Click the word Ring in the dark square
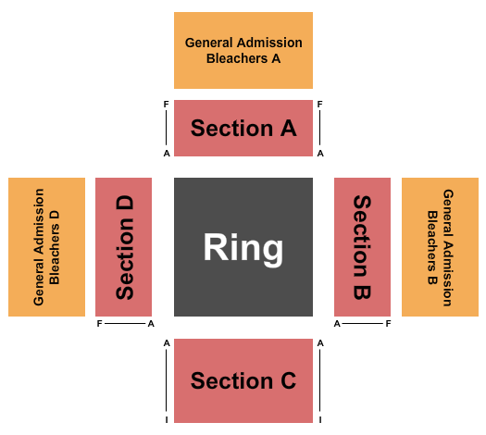tap(243, 248)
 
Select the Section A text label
tap(243, 128)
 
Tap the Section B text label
tap(361, 248)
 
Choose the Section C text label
tap(243, 380)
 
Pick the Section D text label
tap(125, 248)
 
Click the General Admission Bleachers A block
tap(243, 50)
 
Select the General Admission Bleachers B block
tap(440, 248)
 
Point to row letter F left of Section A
tap(167, 105)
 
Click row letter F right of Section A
tap(319, 105)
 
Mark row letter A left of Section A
tap(167, 154)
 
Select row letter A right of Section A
tap(319, 154)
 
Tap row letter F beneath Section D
tap(99, 324)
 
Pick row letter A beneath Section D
tap(150, 324)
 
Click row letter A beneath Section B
tap(338, 324)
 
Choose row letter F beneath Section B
tap(389, 324)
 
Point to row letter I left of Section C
tap(167, 419)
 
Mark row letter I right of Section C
tap(319, 419)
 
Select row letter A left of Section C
tap(167, 343)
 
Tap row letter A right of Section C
tap(319, 343)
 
